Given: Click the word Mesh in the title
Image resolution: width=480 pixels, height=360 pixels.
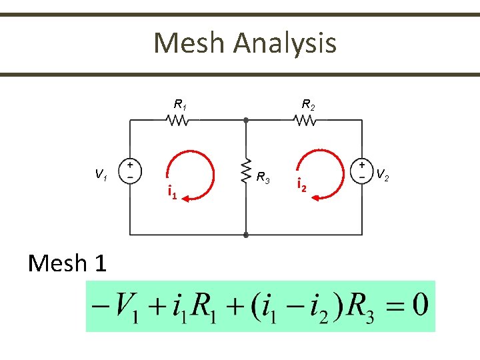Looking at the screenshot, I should (x=190, y=44).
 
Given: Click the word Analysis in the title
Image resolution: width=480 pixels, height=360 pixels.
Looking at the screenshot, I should (x=285, y=44).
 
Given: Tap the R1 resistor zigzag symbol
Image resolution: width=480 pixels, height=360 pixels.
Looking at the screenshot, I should (x=178, y=121).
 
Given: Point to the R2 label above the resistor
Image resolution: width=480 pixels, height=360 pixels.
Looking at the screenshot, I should (x=308, y=104).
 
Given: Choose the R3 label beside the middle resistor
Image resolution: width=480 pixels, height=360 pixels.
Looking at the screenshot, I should (x=263, y=177).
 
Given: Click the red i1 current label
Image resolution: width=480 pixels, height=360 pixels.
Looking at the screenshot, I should (x=171, y=193).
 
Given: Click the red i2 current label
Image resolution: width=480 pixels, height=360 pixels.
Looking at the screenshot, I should (x=301, y=186).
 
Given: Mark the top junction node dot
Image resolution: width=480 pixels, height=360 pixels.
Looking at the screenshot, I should (x=246, y=121).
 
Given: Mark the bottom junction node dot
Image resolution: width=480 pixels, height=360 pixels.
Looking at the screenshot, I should (x=246, y=235).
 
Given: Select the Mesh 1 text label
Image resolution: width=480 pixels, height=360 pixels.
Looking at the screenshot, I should (x=67, y=263).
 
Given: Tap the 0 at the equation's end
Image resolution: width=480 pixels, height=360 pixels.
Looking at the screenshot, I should (x=419, y=306).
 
